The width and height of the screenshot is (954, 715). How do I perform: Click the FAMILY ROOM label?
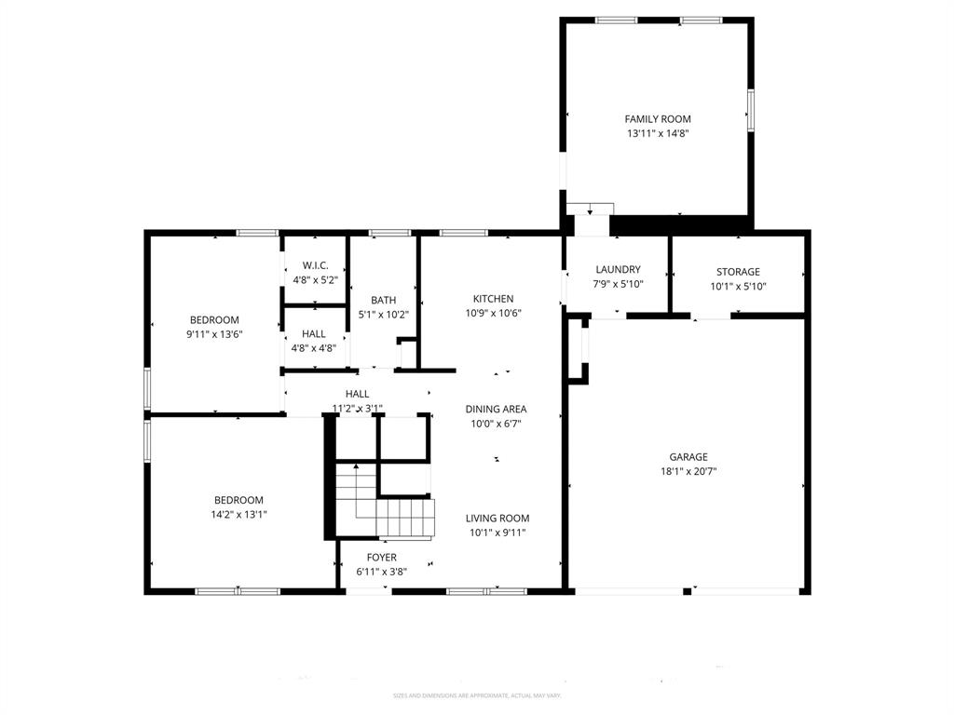[x=657, y=119]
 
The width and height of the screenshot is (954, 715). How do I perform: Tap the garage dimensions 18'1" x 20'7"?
[x=688, y=471]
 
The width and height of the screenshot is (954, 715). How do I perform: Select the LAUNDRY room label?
[x=618, y=270]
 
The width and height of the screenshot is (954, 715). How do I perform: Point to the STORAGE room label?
[x=738, y=272]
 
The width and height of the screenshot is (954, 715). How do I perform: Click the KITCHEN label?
[x=493, y=299]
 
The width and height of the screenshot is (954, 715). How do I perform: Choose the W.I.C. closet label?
[x=314, y=265]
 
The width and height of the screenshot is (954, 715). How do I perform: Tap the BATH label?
[x=383, y=300]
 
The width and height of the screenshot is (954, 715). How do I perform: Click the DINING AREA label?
[x=496, y=409]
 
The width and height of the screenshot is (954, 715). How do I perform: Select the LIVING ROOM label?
[x=497, y=519]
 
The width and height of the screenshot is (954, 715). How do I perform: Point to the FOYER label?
[x=381, y=558]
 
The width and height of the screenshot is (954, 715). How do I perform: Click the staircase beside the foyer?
[x=384, y=503]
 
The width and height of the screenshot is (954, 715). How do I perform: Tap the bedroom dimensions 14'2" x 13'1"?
[x=238, y=514]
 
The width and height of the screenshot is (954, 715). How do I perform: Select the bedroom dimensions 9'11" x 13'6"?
[x=214, y=334]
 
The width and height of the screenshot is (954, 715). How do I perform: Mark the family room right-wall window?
[x=750, y=110]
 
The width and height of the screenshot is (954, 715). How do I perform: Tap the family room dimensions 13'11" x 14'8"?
[x=657, y=133]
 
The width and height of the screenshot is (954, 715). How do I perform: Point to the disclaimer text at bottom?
[x=476, y=695]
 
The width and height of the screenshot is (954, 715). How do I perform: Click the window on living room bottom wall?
[x=486, y=590]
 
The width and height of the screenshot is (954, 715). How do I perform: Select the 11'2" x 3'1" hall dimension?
[x=357, y=408]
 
